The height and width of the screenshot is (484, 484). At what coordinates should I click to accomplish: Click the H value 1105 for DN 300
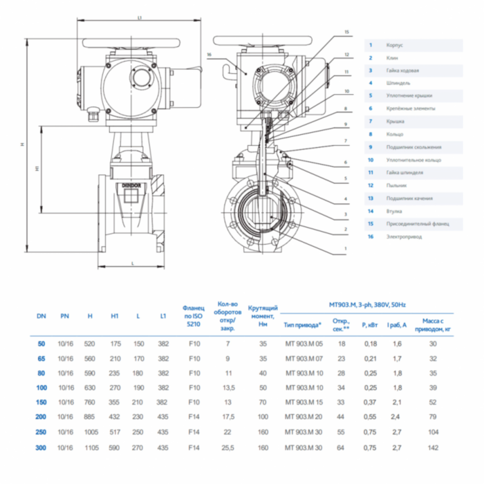coord(91,447)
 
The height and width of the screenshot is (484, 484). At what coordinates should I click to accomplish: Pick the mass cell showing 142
coord(434,447)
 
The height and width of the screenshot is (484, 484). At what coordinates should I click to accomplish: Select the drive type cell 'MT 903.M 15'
coord(304,402)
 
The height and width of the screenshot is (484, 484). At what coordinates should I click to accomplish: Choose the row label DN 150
coord(41,402)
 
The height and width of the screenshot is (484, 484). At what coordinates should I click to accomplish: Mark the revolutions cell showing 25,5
coord(227,447)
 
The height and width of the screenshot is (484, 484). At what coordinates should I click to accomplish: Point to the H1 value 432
coord(115,416)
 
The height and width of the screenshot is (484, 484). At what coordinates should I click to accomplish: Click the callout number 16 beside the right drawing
coord(208,54)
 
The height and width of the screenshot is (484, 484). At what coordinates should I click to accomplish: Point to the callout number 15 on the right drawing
coord(346,32)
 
